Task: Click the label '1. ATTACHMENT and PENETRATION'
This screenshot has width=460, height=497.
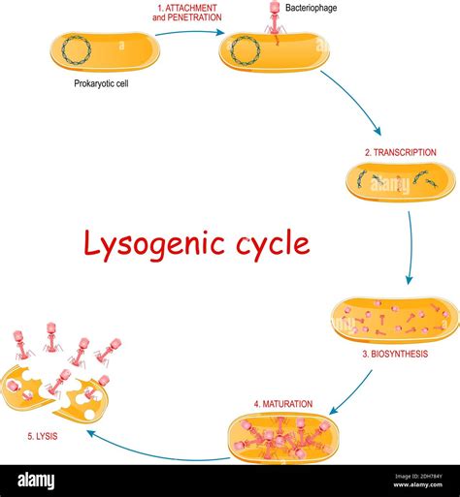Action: click(190, 14)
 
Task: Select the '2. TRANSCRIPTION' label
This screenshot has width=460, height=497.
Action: click(401, 152)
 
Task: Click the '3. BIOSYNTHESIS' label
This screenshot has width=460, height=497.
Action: click(395, 354)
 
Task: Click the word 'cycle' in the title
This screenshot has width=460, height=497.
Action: click(269, 243)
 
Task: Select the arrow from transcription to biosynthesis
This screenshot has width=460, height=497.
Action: click(411, 247)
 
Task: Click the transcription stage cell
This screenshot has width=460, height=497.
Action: click(400, 181)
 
